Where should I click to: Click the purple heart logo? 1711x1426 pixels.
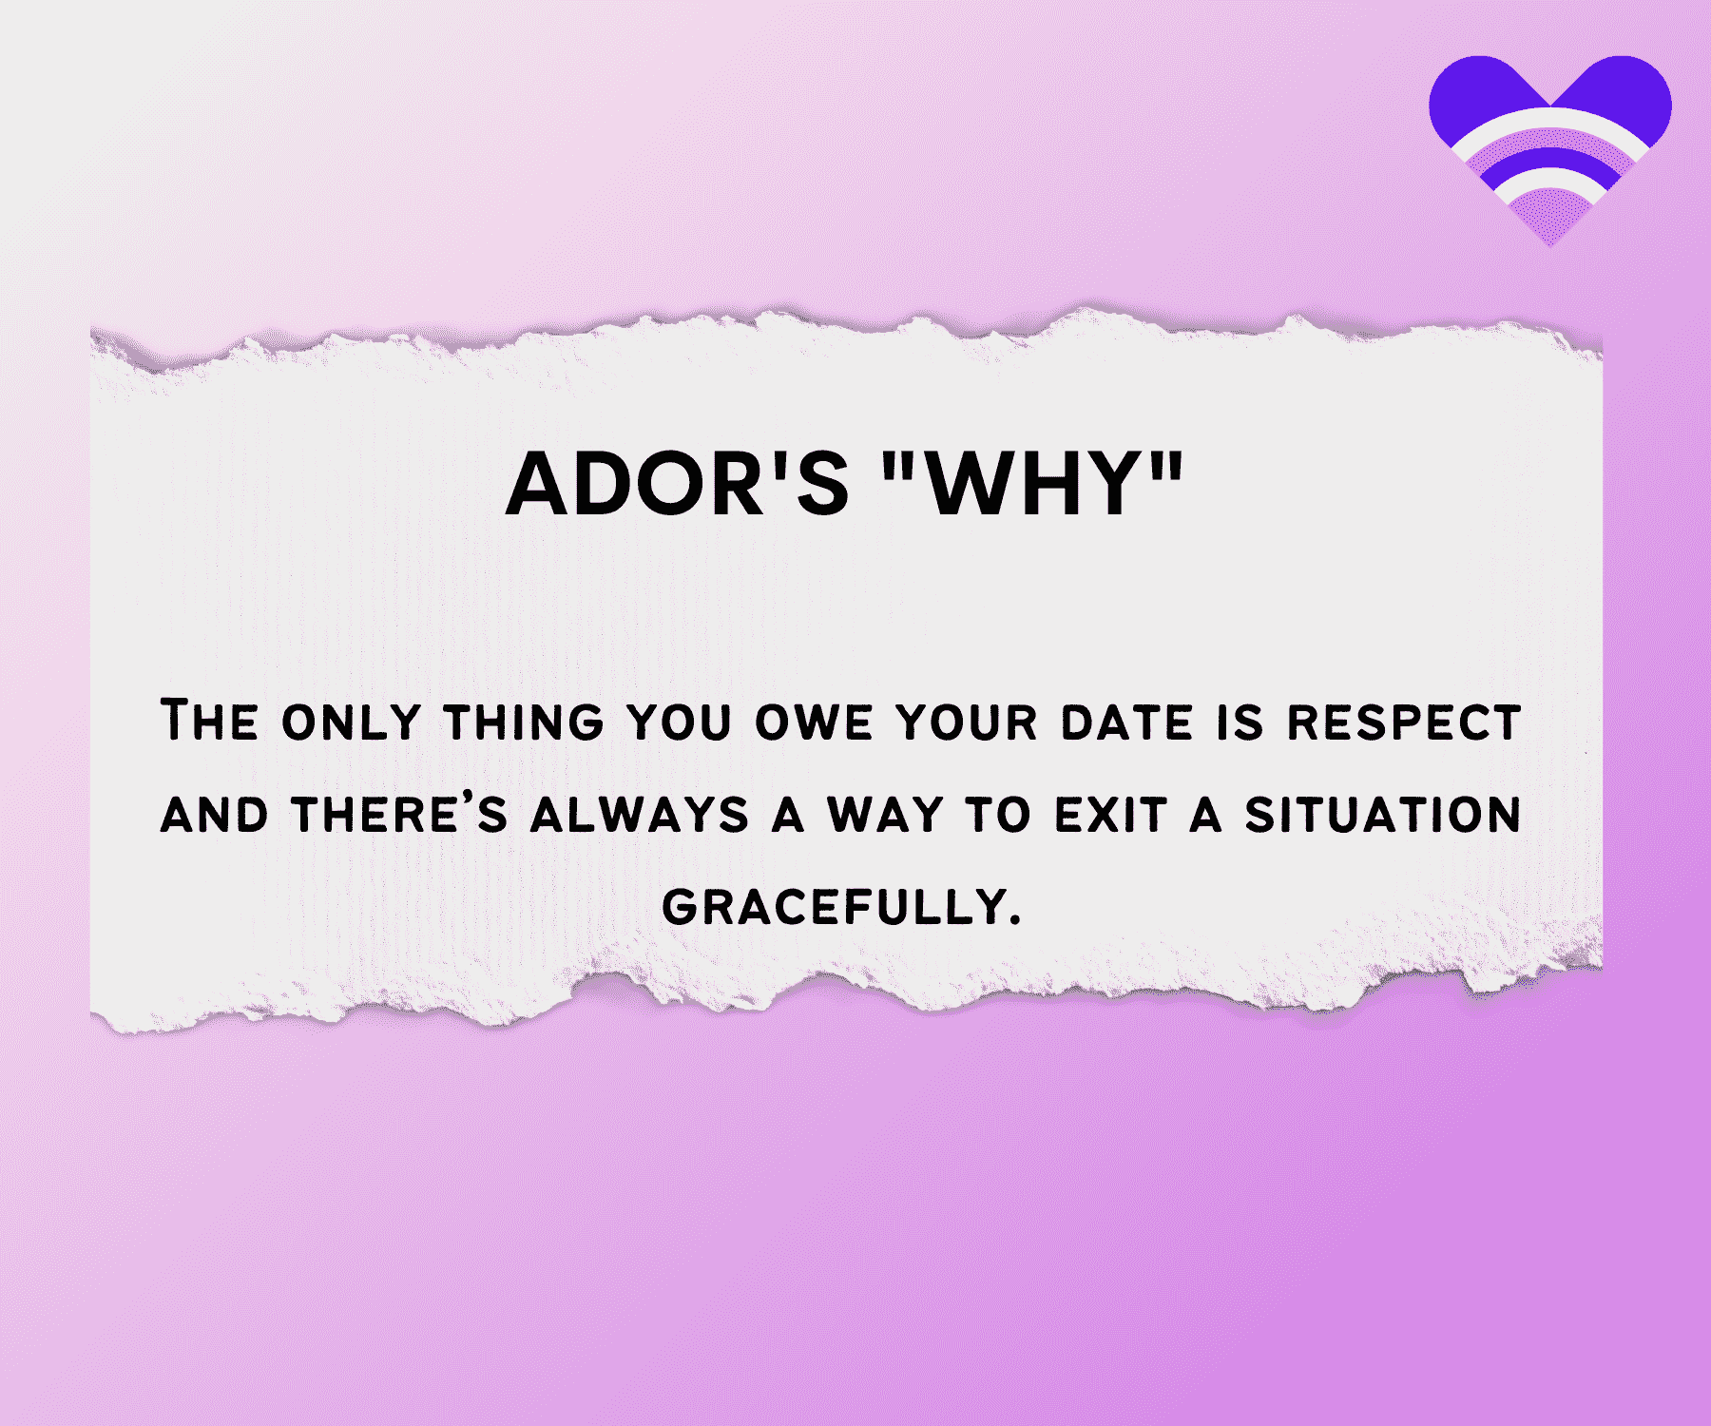[x=1549, y=143]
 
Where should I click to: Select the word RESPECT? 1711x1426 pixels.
[x=1403, y=722]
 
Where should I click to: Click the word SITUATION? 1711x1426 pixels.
[x=1383, y=815]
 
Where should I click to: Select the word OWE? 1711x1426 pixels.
[x=814, y=723]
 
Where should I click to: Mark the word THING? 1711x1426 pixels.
[x=524, y=722]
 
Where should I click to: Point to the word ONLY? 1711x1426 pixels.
[x=351, y=723]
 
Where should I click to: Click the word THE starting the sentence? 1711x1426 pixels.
[x=208, y=720]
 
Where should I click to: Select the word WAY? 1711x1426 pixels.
[x=884, y=815]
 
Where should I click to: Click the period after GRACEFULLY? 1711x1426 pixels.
[x=1014, y=920]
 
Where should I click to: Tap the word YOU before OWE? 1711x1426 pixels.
[x=680, y=723]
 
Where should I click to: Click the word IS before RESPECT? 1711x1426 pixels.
[x=1240, y=723]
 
